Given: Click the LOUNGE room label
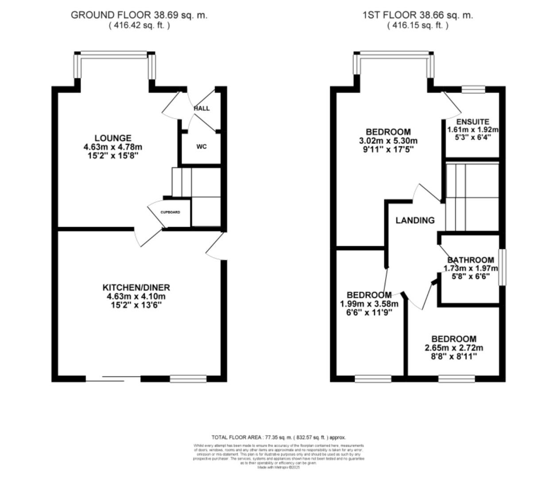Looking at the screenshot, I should tap(112, 138).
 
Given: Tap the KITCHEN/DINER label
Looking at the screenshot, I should tap(136, 288).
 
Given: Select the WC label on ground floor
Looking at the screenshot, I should tap(201, 146).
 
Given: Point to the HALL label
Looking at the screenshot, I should tap(202, 108).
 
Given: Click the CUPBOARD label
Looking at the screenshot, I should tap(170, 212).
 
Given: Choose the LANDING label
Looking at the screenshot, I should tap(415, 220).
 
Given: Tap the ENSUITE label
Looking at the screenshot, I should tap(473, 122).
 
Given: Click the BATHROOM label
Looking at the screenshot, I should tap(471, 260).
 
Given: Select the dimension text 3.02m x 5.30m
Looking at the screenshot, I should tap(388, 141).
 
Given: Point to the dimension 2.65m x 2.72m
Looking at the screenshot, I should tap(454, 347).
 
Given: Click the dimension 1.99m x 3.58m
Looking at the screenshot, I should tap(369, 304).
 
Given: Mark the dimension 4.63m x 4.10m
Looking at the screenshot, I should tap(136, 297).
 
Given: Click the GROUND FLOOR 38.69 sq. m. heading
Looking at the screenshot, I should tap(139, 15).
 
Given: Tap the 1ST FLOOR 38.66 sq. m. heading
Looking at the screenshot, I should tap(418, 15).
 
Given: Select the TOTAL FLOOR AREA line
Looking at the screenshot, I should tap(278, 437).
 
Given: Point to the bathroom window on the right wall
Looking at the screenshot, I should tap(502, 267).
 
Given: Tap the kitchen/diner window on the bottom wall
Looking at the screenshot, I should tap(188, 378).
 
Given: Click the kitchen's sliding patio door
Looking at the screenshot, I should tap(113, 378).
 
